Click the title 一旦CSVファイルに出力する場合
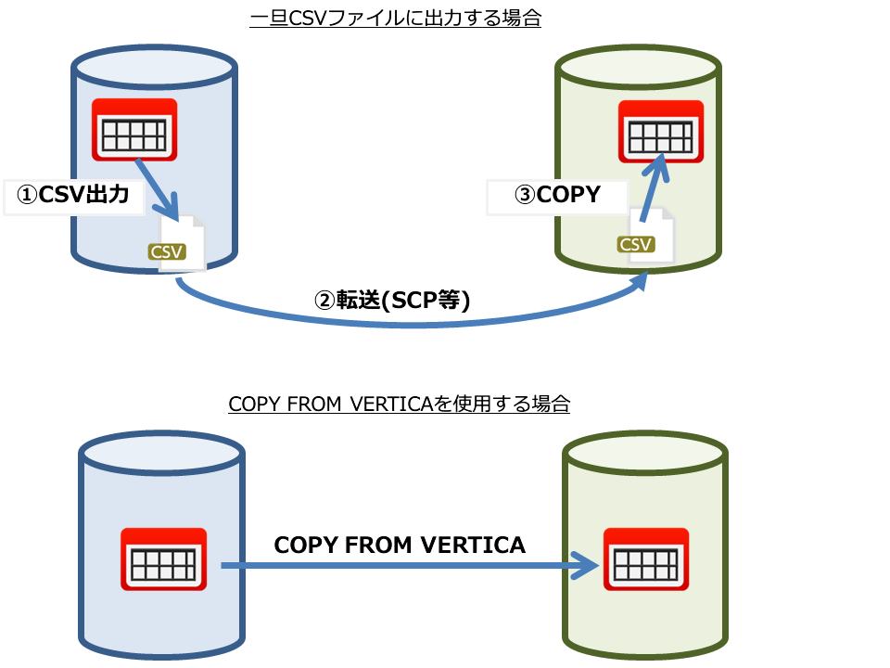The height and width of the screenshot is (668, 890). pyautogui.click(x=396, y=19)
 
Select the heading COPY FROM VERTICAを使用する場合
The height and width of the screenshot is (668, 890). pyautogui.click(x=399, y=405)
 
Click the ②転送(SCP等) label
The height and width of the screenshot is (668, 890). pyautogui.click(x=394, y=301)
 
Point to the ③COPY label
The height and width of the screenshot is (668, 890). pyautogui.click(x=557, y=196)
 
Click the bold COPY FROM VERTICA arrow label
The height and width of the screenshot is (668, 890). pyautogui.click(x=400, y=546)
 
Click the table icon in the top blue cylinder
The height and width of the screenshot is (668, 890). pyautogui.click(x=134, y=130)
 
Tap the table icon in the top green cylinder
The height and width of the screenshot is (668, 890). pyautogui.click(x=661, y=130)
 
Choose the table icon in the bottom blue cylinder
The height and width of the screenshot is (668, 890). pyautogui.click(x=164, y=559)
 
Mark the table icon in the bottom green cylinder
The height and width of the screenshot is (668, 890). pyautogui.click(x=646, y=559)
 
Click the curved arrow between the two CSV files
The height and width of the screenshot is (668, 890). pyautogui.click(x=408, y=322)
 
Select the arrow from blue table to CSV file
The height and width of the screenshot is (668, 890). pyautogui.click(x=156, y=186)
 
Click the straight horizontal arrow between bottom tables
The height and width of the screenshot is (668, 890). pyautogui.click(x=408, y=565)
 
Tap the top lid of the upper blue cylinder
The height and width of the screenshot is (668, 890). pyautogui.click(x=154, y=66)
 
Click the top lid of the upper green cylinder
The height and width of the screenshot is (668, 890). pyautogui.click(x=637, y=66)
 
